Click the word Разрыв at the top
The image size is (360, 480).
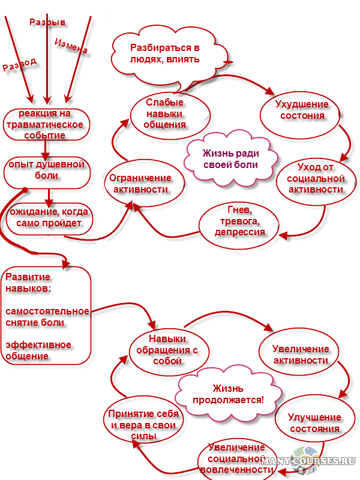point(47,22)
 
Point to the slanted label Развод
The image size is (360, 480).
point(20,64)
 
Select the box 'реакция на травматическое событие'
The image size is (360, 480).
point(46,125)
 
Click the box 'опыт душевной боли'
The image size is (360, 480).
point(47,170)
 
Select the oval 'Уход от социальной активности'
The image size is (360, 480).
point(315,179)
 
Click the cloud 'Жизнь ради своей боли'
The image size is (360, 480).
point(230,158)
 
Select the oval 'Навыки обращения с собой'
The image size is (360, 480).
point(167,349)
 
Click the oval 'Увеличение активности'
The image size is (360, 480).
point(300,355)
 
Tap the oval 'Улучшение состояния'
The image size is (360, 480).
point(314,422)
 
